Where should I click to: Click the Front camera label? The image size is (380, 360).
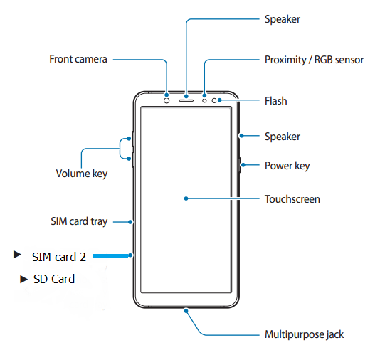[78, 59]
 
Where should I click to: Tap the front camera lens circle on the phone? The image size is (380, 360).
[167, 100]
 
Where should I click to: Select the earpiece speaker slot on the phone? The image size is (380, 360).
[186, 100]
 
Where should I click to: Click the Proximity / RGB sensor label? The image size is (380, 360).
[314, 60]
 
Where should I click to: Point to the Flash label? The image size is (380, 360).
[276, 101]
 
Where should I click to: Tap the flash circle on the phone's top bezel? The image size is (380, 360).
[214, 100]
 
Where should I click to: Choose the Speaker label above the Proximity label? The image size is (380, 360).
[283, 19]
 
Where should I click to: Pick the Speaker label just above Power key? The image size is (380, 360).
[283, 137]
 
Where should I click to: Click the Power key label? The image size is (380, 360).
[287, 166]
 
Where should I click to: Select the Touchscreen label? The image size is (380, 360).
[292, 199]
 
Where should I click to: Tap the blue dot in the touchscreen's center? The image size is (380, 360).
[186, 198]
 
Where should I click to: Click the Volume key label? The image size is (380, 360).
[82, 174]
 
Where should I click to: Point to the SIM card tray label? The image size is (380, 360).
[79, 221]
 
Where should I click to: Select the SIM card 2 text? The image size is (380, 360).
[59, 257]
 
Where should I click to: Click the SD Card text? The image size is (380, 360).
[54, 279]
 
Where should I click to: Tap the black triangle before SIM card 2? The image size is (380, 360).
[17, 255]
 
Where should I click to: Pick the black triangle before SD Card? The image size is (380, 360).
[23, 280]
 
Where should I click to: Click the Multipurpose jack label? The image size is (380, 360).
[304, 334]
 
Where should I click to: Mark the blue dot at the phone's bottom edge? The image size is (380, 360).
[186, 311]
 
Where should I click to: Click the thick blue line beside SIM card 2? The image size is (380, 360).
[111, 255]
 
